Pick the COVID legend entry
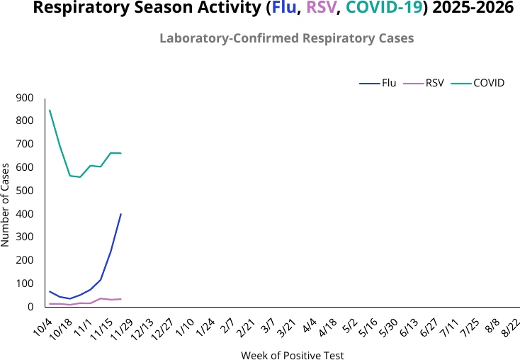(488, 83)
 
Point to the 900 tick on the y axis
(25, 98)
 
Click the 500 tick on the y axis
(25, 191)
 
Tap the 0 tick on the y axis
(30, 307)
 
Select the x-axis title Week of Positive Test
(292, 355)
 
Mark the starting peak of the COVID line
(50, 110)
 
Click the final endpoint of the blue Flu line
(121, 213)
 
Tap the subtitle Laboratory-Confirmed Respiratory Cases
(286, 38)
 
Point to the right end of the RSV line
(121, 299)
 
